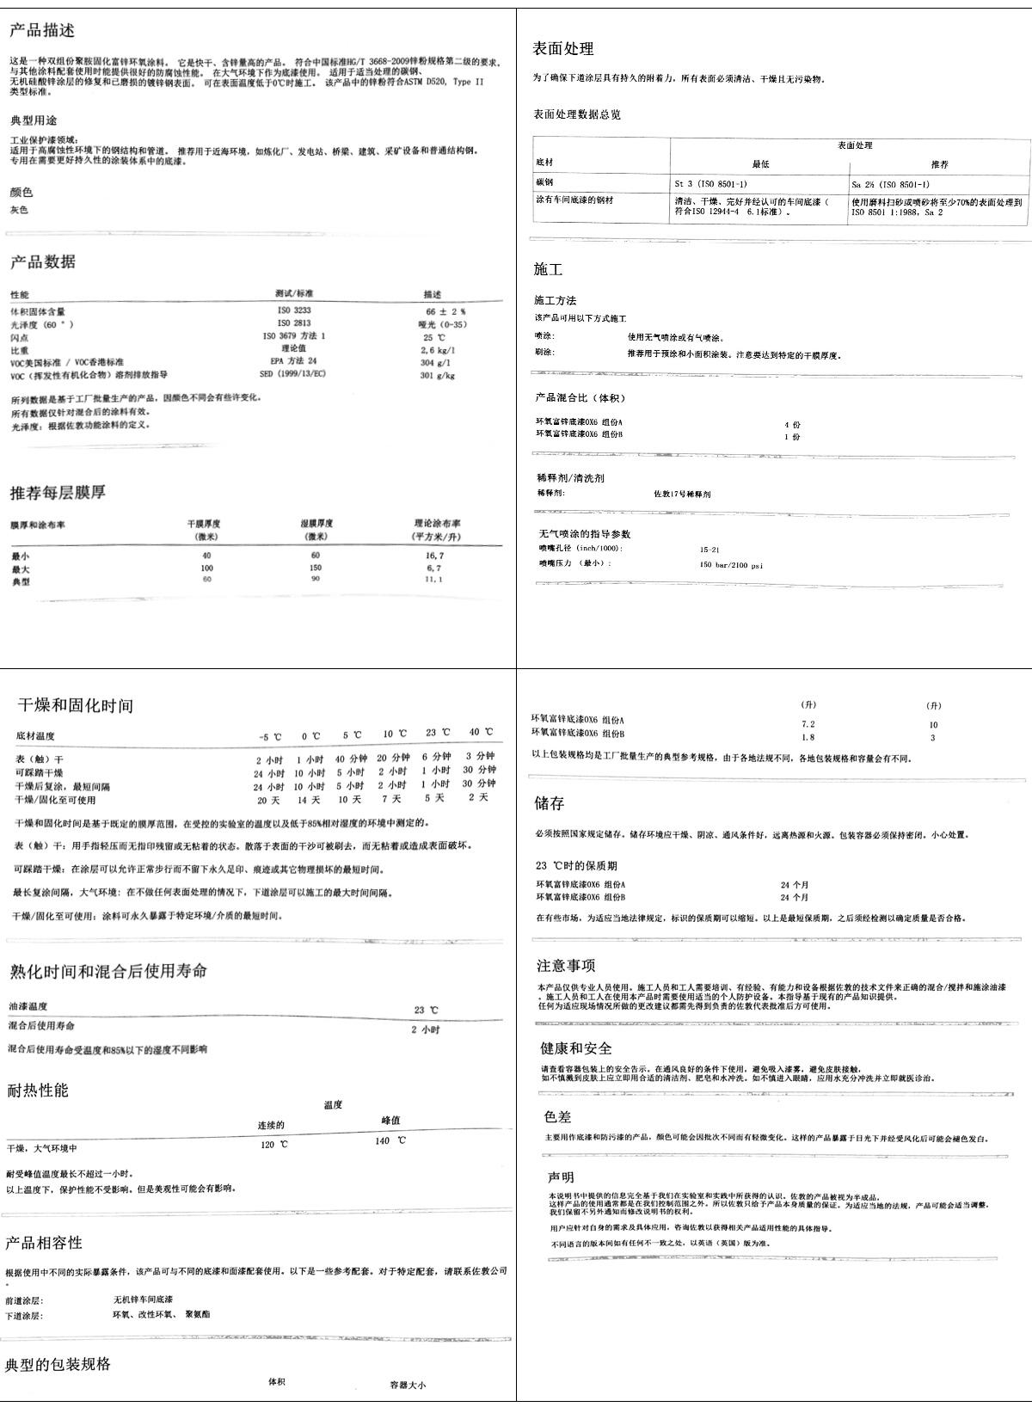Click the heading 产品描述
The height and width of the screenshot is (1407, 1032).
tap(42, 31)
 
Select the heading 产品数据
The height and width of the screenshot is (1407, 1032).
tap(42, 262)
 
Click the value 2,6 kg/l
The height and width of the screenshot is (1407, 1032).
tap(438, 350)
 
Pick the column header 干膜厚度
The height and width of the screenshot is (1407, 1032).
tap(206, 524)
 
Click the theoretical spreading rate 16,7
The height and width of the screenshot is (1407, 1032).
tap(434, 556)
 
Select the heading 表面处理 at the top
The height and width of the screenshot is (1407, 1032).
tap(563, 49)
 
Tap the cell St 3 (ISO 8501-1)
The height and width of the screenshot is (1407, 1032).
tap(711, 185)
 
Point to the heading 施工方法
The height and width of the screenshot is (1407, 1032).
tap(556, 301)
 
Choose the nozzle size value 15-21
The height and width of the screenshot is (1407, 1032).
tap(710, 549)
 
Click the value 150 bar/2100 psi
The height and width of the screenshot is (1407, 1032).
tap(732, 565)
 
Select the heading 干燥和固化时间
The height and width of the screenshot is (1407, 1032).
tap(76, 706)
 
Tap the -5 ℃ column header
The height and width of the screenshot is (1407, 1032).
tap(270, 737)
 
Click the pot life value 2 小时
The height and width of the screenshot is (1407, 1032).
tap(426, 1029)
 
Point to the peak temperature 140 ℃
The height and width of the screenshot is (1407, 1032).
tap(390, 1140)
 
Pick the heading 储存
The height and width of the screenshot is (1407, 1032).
tap(550, 804)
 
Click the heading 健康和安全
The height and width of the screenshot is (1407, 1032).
tap(576, 1048)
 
